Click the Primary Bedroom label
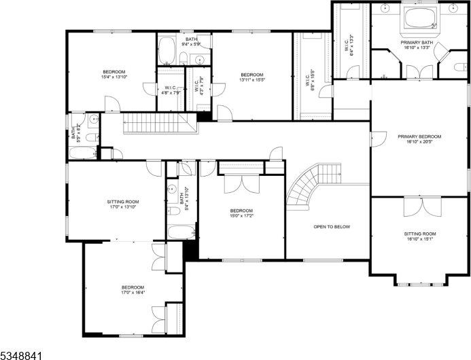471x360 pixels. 419,139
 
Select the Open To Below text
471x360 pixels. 332,226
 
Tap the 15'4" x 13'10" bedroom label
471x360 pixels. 114,75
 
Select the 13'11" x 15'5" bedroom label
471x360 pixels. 251,77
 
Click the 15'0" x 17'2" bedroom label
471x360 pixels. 241,213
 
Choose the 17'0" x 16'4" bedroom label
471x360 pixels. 133,290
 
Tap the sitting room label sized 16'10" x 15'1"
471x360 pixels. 419,236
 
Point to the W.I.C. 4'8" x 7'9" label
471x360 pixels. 171,90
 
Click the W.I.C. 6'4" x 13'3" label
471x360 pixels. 349,45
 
